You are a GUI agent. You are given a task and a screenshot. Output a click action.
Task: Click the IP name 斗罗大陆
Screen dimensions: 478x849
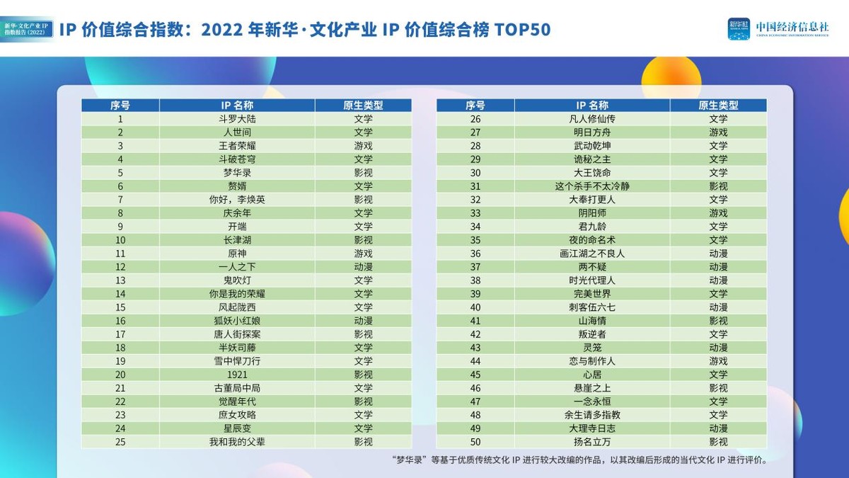pos(237,119)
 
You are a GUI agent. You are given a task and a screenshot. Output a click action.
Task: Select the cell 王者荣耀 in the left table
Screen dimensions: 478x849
pos(237,146)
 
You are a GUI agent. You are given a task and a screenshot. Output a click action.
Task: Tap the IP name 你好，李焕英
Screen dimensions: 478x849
pos(237,200)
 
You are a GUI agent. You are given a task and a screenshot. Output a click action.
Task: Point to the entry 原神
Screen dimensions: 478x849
pos(237,254)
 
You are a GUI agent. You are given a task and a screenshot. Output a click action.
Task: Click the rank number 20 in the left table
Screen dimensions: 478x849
pos(120,375)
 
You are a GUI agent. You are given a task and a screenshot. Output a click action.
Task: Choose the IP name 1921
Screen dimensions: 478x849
pos(237,375)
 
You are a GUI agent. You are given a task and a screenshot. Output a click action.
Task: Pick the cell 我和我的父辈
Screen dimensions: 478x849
pos(237,442)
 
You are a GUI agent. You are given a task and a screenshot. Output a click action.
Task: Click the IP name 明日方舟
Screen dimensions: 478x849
pos(592,132)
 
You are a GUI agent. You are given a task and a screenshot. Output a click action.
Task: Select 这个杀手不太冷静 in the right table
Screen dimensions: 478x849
pos(592,186)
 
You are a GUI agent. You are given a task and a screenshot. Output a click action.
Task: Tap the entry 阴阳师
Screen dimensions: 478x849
pos(592,213)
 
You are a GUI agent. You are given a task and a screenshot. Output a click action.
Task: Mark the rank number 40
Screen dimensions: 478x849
pos(475,307)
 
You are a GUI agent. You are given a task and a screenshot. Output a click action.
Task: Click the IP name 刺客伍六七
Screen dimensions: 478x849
pos(592,307)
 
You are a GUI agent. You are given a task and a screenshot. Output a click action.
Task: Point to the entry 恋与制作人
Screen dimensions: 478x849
pos(592,361)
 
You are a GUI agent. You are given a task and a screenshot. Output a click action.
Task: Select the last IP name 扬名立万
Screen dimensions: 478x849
pos(592,442)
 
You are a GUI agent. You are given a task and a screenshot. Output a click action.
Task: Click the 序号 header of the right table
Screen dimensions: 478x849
pos(475,106)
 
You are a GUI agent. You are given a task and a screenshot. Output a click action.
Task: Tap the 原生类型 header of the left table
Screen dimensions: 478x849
pos(363,106)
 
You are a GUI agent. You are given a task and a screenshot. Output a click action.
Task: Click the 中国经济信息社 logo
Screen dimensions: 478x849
pos(778,28)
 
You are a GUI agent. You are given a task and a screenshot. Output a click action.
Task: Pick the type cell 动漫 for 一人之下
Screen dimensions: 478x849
pos(363,267)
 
